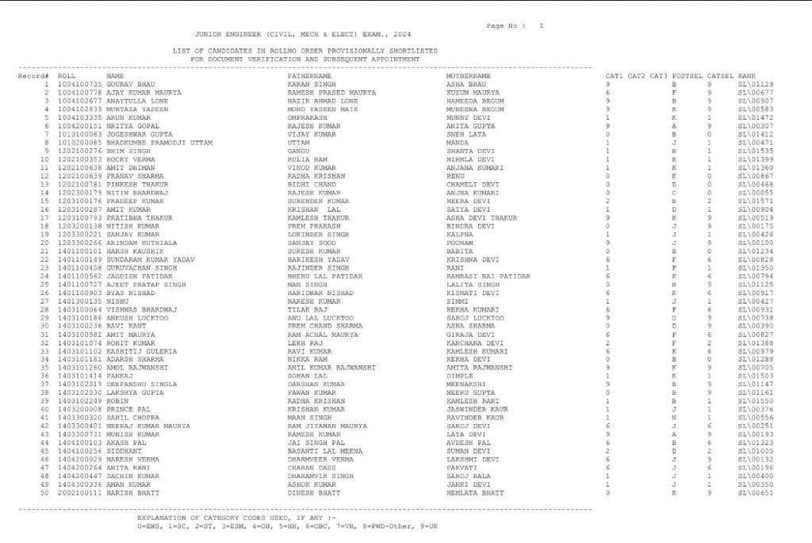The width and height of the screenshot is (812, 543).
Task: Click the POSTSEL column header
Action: click(684, 76)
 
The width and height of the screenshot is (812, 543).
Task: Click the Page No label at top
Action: click(505, 25)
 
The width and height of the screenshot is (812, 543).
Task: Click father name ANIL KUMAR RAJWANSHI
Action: click(327, 367)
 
